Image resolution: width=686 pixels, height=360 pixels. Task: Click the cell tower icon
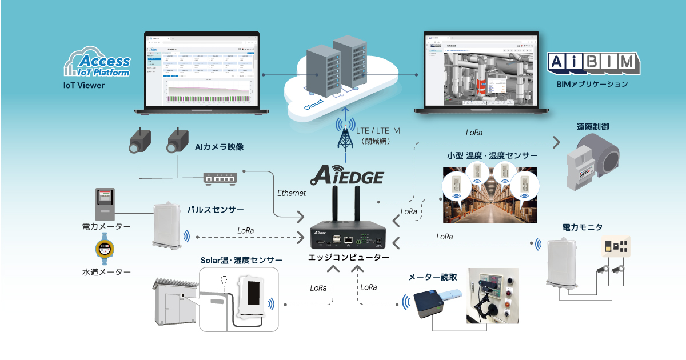click(x=345, y=134)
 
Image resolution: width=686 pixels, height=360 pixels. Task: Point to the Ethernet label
click(x=292, y=193)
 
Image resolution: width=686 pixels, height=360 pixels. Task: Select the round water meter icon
click(x=104, y=249)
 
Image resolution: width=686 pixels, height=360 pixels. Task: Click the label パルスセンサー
click(x=216, y=210)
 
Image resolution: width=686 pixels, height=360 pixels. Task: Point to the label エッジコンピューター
click(x=349, y=258)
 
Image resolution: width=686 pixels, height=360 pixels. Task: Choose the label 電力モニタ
click(x=582, y=227)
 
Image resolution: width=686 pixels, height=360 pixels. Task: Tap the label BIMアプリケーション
click(x=592, y=84)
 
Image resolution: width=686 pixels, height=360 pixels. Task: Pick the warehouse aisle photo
click(x=490, y=194)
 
